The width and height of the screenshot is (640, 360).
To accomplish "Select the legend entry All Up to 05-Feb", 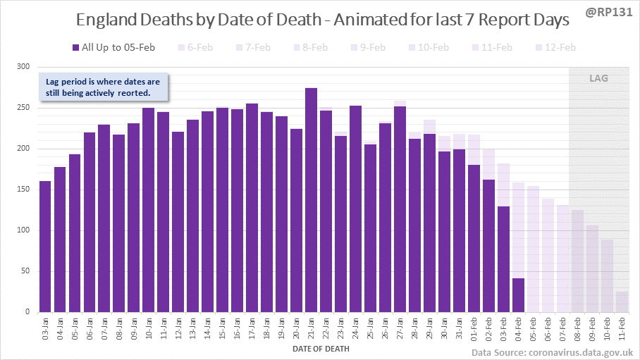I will point(113,48).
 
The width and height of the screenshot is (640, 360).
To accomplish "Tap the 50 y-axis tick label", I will point(26,271).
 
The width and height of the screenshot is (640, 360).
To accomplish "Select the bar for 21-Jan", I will point(311,200).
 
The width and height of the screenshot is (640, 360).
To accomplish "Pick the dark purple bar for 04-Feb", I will point(518,295).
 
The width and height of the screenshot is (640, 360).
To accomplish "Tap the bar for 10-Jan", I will point(149,210).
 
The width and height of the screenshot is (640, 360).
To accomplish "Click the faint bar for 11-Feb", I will point(622,302).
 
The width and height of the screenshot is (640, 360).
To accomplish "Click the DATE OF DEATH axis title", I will point(320,348).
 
